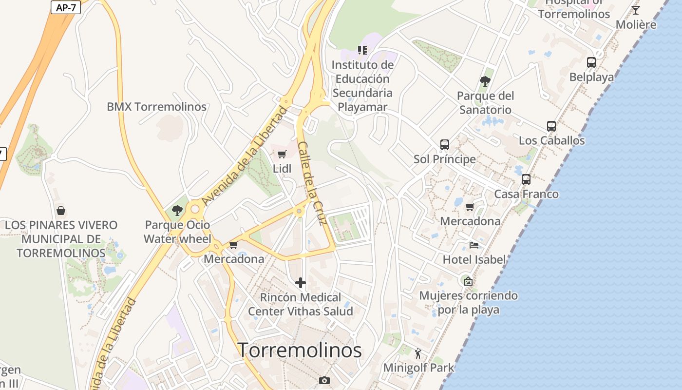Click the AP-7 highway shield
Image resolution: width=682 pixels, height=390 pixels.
pos(65,7)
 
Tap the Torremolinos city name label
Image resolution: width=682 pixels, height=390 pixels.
pos(300,350)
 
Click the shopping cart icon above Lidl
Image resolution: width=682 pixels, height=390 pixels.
pos(282,155)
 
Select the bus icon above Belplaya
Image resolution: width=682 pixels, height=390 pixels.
pos(591,62)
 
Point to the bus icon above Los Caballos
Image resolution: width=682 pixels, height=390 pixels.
pos(551,126)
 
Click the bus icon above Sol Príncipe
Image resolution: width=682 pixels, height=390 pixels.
pos(444,145)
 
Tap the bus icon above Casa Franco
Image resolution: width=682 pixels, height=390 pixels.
pos(526,179)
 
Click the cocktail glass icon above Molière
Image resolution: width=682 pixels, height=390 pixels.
pos(636,10)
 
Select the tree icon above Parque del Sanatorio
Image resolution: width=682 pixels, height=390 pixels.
pos(485,81)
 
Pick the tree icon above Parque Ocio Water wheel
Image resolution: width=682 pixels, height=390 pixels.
pos(177,211)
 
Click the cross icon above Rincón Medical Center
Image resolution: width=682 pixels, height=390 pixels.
pos(301,283)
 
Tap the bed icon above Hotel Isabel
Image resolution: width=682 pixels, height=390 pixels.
pos(474,245)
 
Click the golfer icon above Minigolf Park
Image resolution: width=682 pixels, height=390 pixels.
pos(418,353)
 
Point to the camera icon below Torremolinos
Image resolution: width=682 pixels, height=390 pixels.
pos(324,380)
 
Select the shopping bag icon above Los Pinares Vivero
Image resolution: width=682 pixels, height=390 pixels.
pos(61,211)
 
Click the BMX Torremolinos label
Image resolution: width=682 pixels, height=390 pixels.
pos(156,107)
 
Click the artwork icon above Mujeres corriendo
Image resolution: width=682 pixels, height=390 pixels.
pos(468,281)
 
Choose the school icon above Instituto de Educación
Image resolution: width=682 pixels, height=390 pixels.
pos(362,50)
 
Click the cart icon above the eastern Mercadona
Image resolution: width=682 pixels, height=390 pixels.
pos(470,207)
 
